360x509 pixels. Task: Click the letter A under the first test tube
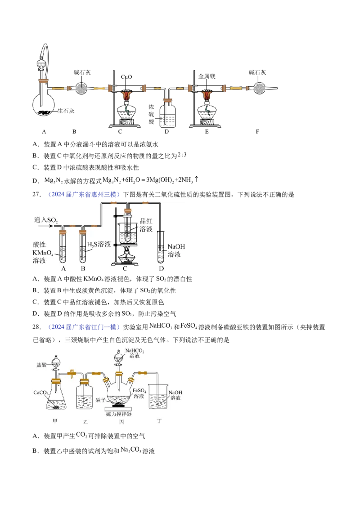[64, 268]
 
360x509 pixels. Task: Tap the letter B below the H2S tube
[83, 268]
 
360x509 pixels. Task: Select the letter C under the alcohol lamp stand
[125, 268]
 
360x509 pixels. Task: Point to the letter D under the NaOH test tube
[162, 268]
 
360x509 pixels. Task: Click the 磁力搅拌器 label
[119, 414]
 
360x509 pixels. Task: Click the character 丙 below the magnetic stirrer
[119, 423]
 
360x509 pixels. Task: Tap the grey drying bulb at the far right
[261, 88]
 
